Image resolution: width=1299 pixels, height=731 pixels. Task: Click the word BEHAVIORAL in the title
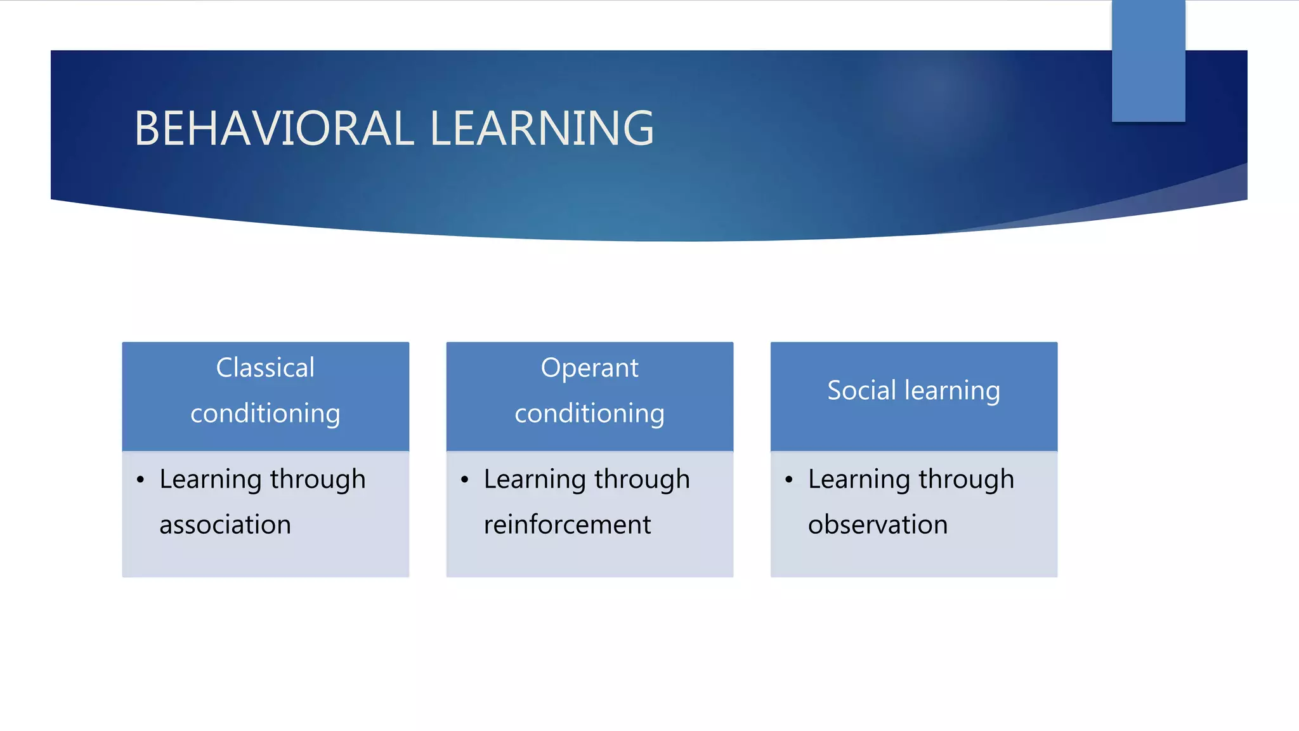pyautogui.click(x=274, y=129)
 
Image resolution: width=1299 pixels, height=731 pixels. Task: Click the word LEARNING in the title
pyautogui.click(x=542, y=129)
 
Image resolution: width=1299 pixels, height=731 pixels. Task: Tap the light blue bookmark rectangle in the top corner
pyautogui.click(x=1148, y=60)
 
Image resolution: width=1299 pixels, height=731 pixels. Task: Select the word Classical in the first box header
pyautogui.click(x=265, y=368)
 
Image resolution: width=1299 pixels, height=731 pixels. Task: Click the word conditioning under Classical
pyautogui.click(x=265, y=414)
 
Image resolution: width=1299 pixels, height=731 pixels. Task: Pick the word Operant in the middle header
pyautogui.click(x=589, y=368)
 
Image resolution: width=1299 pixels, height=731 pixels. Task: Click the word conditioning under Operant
pyautogui.click(x=589, y=414)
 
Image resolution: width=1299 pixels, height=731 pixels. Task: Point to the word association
pyautogui.click(x=225, y=525)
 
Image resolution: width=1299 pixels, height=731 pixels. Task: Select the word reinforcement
pyautogui.click(x=567, y=525)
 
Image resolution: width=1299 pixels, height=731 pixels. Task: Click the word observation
pyautogui.click(x=878, y=525)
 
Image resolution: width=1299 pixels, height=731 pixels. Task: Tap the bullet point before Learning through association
pyautogui.click(x=140, y=480)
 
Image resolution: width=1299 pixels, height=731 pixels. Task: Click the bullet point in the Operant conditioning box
pyautogui.click(x=464, y=480)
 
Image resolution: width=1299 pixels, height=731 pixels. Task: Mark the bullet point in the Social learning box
pyautogui.click(x=788, y=480)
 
